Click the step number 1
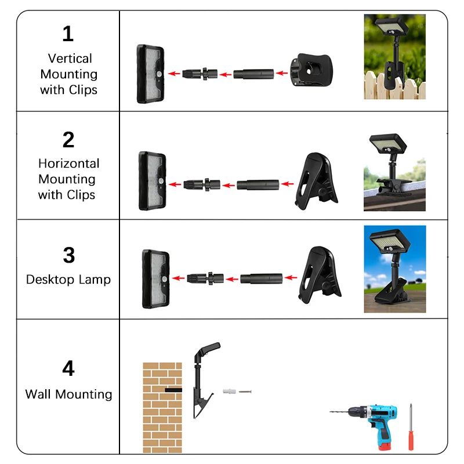pyautogui.click(x=68, y=34)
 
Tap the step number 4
pyautogui.click(x=68, y=368)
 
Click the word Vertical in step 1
pyautogui.click(x=70, y=59)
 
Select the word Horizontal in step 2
pyautogui.click(x=68, y=164)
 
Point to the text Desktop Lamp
pyautogui.click(x=68, y=280)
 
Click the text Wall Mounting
pyautogui.click(x=68, y=394)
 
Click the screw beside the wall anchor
pyautogui.click(x=246, y=392)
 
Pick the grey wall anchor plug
pyautogui.click(x=230, y=393)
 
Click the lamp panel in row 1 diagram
pyautogui.click(x=150, y=74)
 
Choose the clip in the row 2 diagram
pyautogui.click(x=316, y=182)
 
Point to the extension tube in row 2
pyautogui.click(x=259, y=185)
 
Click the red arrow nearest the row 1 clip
pyautogui.click(x=281, y=74)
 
